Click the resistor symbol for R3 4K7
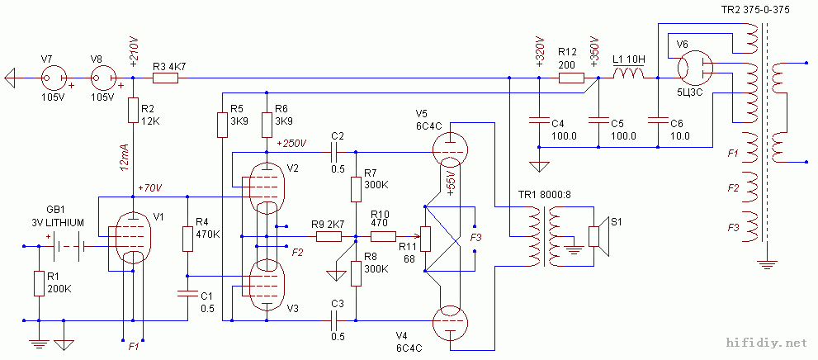pos(165,78)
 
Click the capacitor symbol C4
pos(538,116)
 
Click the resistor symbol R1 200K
pos(39,283)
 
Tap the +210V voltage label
pos(133,51)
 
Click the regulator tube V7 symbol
pos(50,78)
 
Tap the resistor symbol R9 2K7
pos(329,237)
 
